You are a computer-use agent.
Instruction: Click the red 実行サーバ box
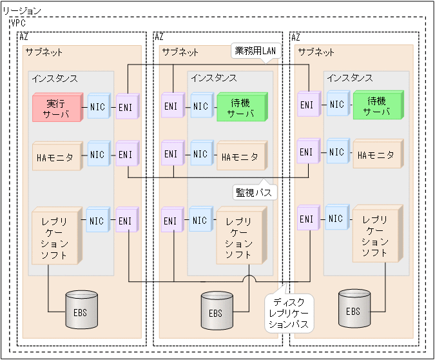point(57,107)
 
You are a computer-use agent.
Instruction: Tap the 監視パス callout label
point(254,192)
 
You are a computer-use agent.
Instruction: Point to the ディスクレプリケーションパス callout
point(289,314)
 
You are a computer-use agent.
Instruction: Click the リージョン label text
point(23,11)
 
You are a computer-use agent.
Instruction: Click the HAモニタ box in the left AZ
point(57,155)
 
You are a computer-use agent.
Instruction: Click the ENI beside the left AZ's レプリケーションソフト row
point(125,221)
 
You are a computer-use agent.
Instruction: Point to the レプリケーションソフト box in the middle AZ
point(239,235)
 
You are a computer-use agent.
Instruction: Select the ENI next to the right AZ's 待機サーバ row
point(307,104)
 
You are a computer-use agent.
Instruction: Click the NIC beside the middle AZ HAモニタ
point(200,155)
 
